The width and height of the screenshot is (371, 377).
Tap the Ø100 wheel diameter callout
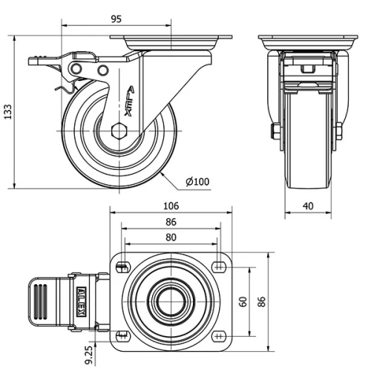pos(197,181)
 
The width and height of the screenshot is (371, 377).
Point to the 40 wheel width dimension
pos(308,206)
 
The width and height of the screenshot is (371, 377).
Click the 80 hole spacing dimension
pos(171,237)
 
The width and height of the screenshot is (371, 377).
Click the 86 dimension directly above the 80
pos(171,222)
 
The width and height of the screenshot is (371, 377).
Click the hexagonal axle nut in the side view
pos(119,133)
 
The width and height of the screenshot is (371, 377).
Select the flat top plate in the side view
pos(171,38)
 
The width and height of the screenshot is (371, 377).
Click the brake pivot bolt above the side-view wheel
pos(76,68)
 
